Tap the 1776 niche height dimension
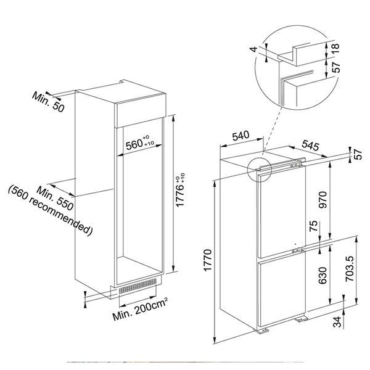click(x=181, y=190)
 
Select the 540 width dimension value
click(x=240, y=136)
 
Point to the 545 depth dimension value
click(x=310, y=145)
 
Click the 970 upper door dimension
click(x=323, y=200)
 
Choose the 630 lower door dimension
click(x=323, y=276)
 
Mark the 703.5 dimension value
click(x=350, y=269)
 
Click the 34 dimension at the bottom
click(x=337, y=322)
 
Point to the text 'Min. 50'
click(x=48, y=102)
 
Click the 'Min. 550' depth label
click(x=55, y=199)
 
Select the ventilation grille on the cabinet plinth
click(x=138, y=286)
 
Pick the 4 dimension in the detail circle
click(x=253, y=49)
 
